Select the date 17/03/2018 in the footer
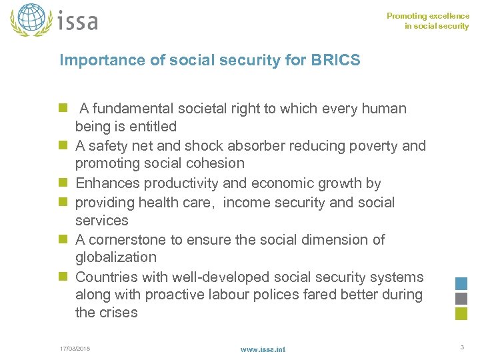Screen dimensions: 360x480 point(75,348)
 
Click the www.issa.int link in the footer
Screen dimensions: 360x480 point(263,349)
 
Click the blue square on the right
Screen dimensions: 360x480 point(461,283)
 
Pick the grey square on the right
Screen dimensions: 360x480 point(461,299)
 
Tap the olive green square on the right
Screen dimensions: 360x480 point(461,314)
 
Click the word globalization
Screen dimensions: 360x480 point(115,257)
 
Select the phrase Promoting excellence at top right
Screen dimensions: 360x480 point(428,16)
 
